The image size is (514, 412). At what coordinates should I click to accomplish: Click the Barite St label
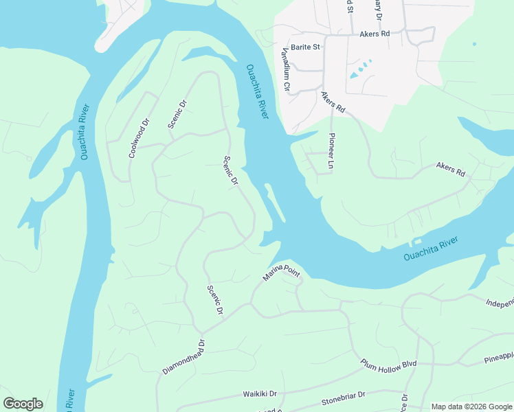tap(306, 47)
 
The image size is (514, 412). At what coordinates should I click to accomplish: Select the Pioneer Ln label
tap(331, 152)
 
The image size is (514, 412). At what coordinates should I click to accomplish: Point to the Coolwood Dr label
tap(139, 139)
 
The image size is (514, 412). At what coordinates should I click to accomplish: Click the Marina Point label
tap(282, 275)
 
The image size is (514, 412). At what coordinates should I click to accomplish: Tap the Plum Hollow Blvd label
tap(389, 363)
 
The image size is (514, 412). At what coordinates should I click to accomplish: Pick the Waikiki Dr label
tap(259, 394)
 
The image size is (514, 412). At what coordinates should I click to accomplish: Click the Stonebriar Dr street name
tap(344, 398)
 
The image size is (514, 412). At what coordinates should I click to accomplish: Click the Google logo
tap(23, 404)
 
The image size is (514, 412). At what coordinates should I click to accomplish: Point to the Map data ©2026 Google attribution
tap(471, 407)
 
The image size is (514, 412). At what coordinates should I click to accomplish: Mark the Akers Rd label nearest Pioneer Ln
tap(333, 104)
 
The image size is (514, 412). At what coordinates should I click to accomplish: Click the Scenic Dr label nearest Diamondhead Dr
tap(215, 301)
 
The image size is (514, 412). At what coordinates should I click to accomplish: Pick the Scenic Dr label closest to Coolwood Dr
tap(178, 114)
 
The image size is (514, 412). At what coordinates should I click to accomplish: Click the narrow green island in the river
tap(275, 203)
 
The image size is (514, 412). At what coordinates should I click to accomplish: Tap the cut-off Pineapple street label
tap(498, 357)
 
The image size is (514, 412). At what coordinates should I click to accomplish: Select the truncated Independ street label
tap(500, 302)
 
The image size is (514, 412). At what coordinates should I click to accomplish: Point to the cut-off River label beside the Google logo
tap(71, 400)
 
